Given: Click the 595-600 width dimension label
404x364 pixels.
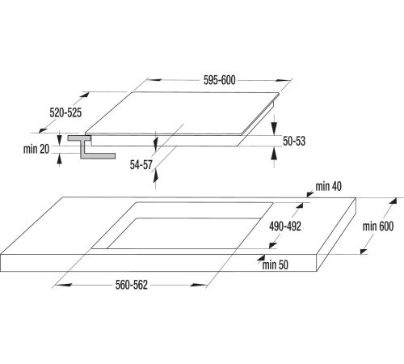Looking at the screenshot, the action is click(219, 80).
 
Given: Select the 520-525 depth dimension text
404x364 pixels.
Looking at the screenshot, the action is click(65, 112).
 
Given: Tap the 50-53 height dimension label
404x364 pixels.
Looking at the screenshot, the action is click(294, 141).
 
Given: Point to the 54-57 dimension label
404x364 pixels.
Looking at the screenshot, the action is click(141, 165).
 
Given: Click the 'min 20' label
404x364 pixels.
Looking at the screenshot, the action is click(36, 149).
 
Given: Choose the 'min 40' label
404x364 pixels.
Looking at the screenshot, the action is click(329, 186).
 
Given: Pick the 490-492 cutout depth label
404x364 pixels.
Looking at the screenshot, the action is click(285, 226).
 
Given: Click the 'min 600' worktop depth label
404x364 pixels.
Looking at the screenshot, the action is click(378, 226).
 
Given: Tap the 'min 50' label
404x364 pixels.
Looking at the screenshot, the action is click(276, 265).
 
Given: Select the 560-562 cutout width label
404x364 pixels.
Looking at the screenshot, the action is click(132, 285).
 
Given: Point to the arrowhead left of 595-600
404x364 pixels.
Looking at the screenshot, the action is click(154, 80).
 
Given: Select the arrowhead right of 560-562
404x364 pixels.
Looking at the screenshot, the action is click(198, 285).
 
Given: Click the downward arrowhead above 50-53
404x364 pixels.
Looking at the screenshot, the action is click(274, 128).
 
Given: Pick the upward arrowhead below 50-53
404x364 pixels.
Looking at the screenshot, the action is click(274, 154).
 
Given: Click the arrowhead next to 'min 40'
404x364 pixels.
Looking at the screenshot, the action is click(310, 194).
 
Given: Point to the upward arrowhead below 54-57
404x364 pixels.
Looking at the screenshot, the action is click(155, 176).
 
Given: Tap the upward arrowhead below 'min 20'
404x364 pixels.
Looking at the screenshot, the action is click(59, 159).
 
